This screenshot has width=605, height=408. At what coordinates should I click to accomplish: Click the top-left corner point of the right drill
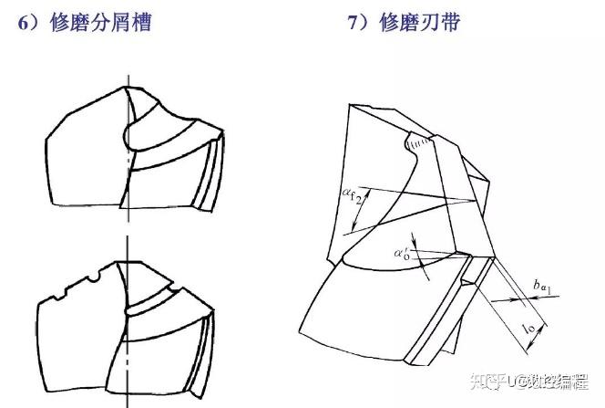coord(350,104)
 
